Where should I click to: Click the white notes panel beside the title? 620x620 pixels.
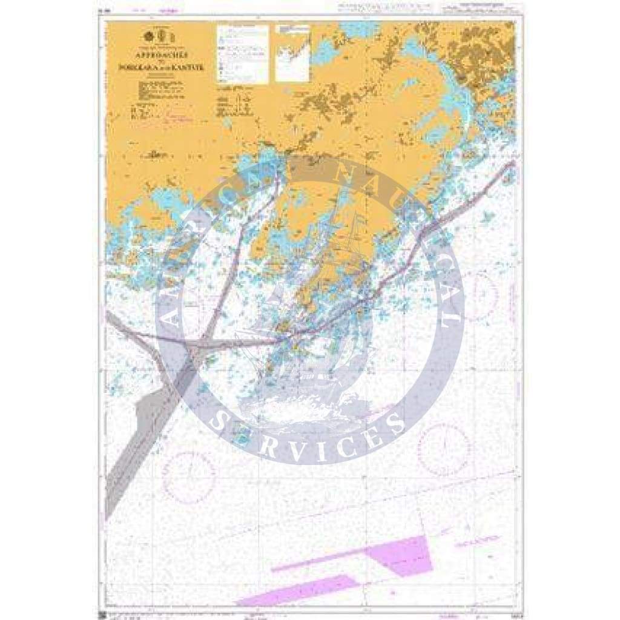click(x=242, y=54)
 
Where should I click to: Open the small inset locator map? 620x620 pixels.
click(x=292, y=53)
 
